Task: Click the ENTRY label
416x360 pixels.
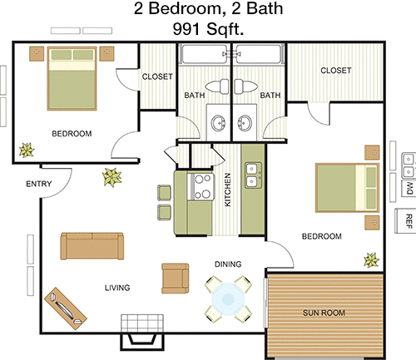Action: click(x=39, y=184)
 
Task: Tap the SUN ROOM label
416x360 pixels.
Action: click(x=324, y=313)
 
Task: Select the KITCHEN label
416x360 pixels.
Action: click(x=227, y=190)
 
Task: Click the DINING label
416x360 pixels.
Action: click(x=228, y=264)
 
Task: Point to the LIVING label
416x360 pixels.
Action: click(x=117, y=288)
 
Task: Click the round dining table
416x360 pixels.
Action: click(x=228, y=298)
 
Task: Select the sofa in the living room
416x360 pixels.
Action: click(x=92, y=246)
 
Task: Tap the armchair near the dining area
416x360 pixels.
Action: click(x=176, y=279)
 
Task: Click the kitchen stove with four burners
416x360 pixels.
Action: click(x=201, y=186)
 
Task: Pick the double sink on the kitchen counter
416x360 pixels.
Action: click(x=253, y=175)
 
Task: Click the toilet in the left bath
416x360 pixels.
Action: click(x=217, y=86)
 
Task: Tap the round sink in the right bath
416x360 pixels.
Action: click(x=245, y=123)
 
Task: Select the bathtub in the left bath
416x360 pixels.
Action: click(x=204, y=54)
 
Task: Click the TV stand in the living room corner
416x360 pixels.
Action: click(x=66, y=308)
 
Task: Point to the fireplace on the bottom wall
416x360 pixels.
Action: click(x=142, y=333)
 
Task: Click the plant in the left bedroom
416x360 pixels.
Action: click(x=27, y=150)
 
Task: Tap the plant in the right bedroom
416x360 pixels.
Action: click(x=371, y=260)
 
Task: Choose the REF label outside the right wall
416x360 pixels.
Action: click(x=409, y=221)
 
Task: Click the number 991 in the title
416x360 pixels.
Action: click(x=186, y=28)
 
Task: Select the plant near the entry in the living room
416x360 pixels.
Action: click(x=111, y=177)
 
